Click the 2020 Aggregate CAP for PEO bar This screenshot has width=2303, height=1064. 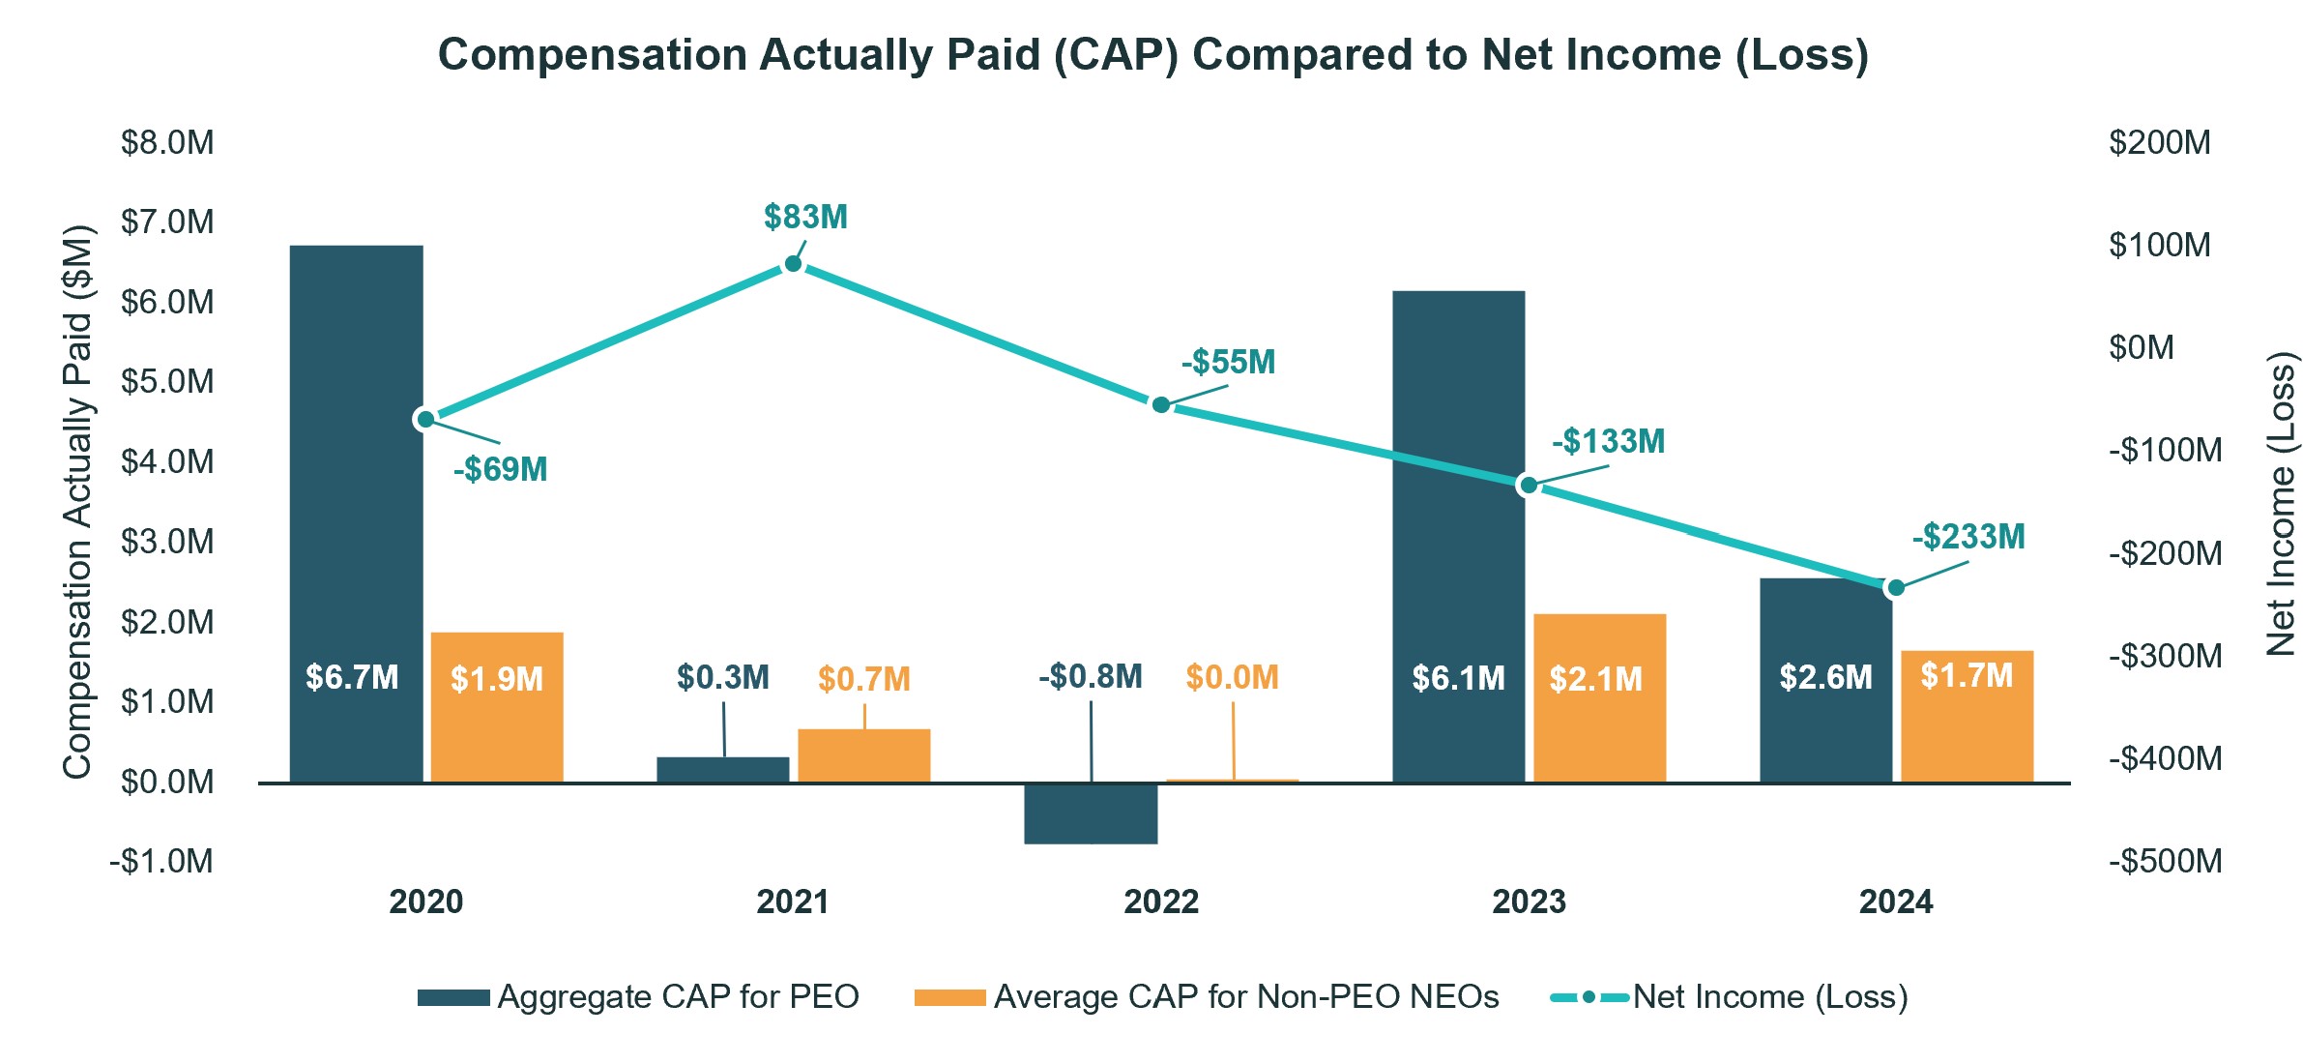point(356,513)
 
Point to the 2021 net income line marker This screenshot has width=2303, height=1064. point(793,264)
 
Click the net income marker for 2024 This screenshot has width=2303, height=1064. point(1895,587)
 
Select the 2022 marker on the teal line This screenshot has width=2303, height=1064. point(1160,404)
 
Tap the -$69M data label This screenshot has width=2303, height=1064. point(500,470)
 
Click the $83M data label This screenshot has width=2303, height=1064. point(805,218)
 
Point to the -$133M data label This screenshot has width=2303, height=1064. point(1608,442)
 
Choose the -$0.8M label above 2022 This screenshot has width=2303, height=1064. point(1090,677)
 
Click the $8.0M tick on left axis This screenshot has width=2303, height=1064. point(167,143)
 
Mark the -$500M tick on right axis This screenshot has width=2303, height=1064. point(2165,861)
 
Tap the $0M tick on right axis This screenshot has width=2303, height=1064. point(2141,347)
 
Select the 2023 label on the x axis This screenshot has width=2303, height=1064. point(1528,901)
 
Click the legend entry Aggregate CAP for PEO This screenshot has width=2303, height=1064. point(677,997)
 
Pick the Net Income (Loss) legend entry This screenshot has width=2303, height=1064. point(1769,997)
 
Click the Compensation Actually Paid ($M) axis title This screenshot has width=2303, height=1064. point(77,503)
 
